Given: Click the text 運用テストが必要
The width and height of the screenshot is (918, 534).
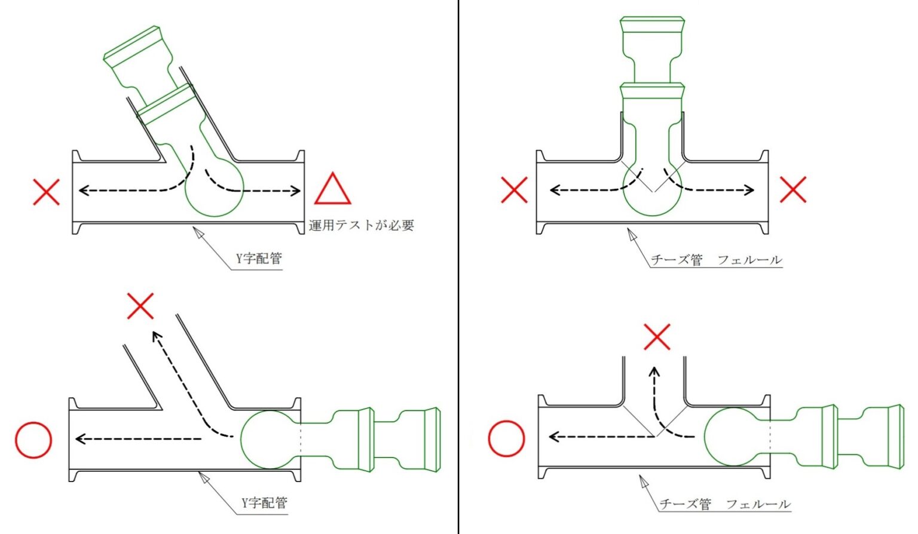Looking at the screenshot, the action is point(362,225).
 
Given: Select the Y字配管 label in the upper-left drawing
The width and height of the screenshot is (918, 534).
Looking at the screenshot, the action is point(259,259).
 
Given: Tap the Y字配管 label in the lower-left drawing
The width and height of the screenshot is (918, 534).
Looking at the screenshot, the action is point(264,502).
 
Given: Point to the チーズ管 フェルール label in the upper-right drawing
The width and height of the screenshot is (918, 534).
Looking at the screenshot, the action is point(717,260).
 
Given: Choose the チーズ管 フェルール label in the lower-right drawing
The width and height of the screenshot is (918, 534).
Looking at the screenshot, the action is point(725,504).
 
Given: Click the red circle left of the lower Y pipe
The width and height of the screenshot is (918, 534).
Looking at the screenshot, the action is point(33,440).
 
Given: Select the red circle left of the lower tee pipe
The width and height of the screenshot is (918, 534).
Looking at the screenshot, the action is point(507,438).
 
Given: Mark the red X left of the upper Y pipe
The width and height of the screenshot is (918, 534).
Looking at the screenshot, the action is point(46,192).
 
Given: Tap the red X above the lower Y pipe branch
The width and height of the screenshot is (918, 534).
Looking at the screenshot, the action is point(140,306).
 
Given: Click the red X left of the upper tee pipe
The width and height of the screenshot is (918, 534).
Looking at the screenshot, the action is point(515,190).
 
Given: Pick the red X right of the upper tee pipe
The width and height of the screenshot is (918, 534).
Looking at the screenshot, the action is point(794,189).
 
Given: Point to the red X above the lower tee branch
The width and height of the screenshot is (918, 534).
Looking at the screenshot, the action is point(657,337).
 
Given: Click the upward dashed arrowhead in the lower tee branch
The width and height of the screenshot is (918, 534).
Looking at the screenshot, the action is point(654,372).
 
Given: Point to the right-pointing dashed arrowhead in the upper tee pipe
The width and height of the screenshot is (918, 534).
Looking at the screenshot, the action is point(749,190).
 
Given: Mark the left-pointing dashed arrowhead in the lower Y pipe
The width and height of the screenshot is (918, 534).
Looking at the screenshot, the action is point(81,439).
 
